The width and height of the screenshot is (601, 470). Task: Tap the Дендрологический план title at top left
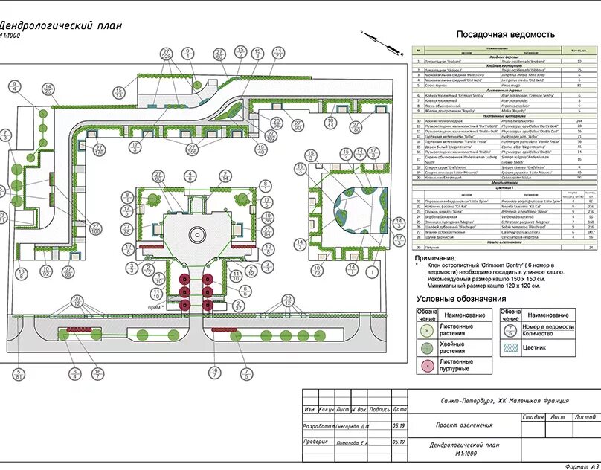pyautogui.click(x=60, y=25)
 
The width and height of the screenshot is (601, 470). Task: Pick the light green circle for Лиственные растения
pyautogui.click(x=427, y=330)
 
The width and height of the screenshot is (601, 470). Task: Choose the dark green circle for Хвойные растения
pyautogui.click(x=427, y=348)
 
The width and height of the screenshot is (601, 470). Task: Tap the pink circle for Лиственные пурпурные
pyautogui.click(x=427, y=365)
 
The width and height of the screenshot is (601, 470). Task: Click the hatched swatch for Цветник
pyautogui.click(x=510, y=347)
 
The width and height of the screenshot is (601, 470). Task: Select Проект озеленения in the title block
pyautogui.click(x=464, y=425)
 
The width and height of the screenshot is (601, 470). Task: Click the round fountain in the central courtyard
pyautogui.click(x=196, y=235)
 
